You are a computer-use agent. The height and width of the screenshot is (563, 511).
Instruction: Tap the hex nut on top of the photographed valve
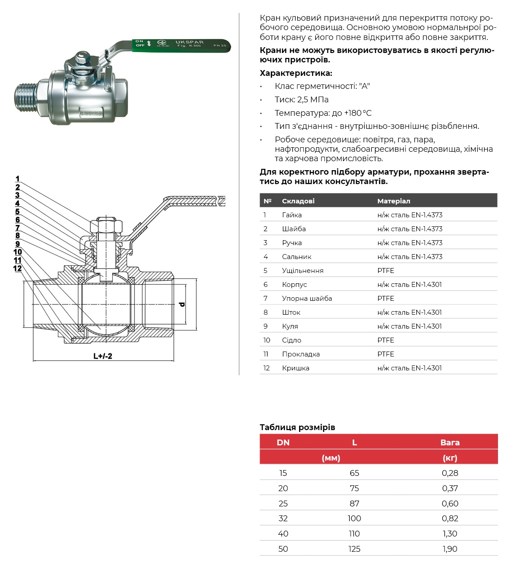click(81, 58)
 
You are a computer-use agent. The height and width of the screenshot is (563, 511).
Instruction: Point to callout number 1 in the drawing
click(18, 179)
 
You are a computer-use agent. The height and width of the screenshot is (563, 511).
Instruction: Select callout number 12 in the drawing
click(18, 268)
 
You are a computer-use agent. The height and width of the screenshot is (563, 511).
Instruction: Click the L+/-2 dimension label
click(103, 356)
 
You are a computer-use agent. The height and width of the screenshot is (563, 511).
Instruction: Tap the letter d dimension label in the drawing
click(182, 304)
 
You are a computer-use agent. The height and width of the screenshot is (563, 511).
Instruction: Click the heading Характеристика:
click(296, 73)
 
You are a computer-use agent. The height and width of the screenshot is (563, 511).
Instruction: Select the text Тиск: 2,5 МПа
click(302, 100)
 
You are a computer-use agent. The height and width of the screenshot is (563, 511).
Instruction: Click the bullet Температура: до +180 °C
click(323, 113)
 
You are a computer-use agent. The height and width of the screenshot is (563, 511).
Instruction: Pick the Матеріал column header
click(394, 201)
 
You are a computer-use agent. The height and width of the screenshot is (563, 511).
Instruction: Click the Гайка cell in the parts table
click(292, 215)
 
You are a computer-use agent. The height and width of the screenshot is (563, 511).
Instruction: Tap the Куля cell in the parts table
click(290, 326)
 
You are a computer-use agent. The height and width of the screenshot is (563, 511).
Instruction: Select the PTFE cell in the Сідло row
click(386, 340)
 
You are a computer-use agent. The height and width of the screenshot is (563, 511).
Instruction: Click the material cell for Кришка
click(410, 368)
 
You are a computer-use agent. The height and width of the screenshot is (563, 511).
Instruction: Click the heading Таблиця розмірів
click(297, 427)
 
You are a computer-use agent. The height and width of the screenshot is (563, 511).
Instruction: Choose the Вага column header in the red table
click(450, 442)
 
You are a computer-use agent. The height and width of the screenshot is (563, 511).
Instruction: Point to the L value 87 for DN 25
click(354, 503)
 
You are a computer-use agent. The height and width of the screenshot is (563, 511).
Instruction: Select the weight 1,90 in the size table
click(450, 549)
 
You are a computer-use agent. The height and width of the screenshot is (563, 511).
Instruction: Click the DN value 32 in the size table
click(283, 519)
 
